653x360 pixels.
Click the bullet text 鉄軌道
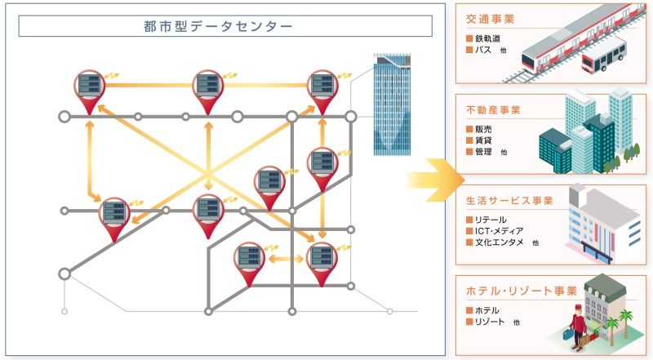pyautogui.click(x=487, y=38)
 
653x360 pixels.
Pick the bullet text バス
pyautogui.click(x=482, y=50)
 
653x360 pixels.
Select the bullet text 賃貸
pyautogui.click(x=482, y=140)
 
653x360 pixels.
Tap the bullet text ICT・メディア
pyautogui.click(x=499, y=231)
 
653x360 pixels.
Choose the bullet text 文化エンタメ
pyautogui.click(x=499, y=242)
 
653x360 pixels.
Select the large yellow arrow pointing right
pyautogui.click(x=432, y=175)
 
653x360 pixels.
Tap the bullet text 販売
pyautogui.click(x=482, y=129)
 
